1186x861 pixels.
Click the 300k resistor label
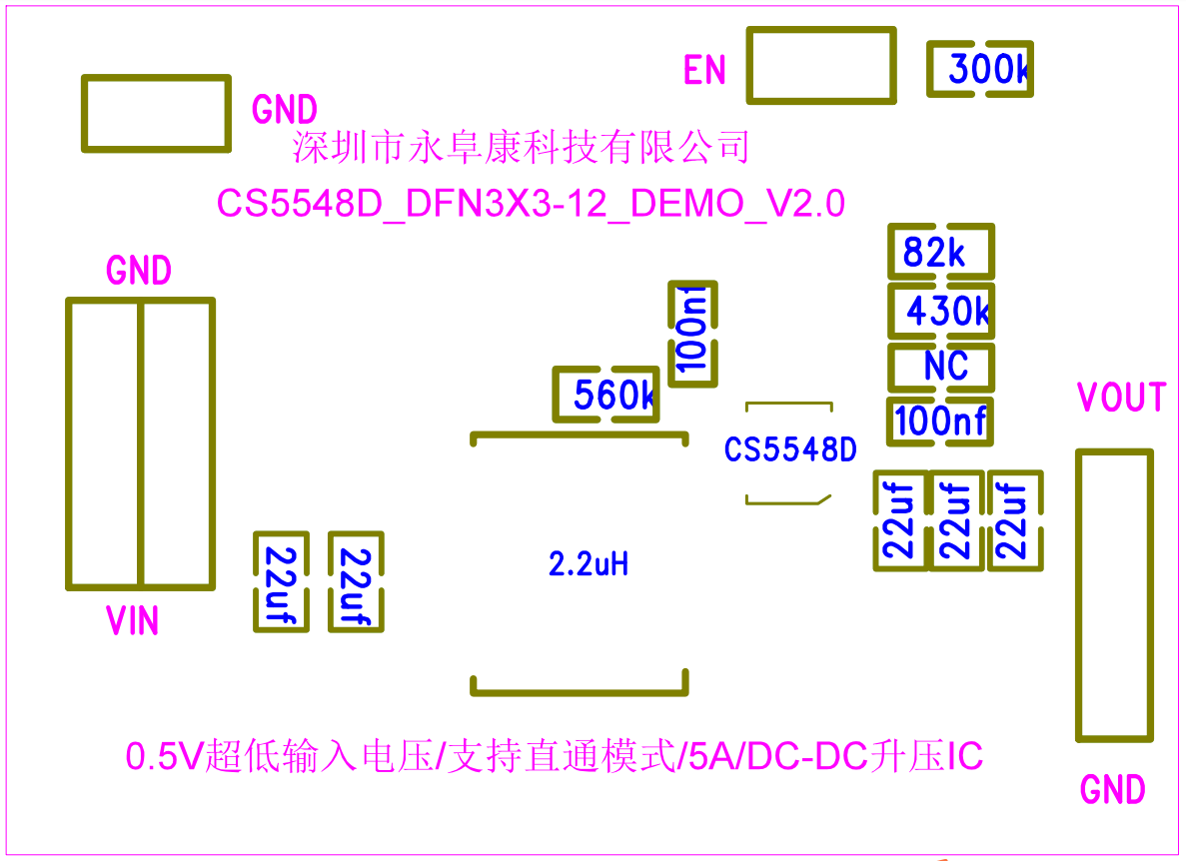click(988, 69)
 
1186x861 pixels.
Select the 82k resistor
click(941, 252)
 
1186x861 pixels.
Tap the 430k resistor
click(941, 311)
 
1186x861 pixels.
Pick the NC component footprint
click(941, 368)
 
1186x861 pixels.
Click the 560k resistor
click(605, 394)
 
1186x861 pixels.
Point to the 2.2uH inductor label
click(589, 564)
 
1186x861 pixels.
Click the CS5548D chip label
click(790, 449)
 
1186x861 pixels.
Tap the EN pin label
click(704, 70)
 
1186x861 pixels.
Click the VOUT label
click(1122, 398)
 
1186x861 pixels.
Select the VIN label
click(132, 620)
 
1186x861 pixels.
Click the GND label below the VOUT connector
click(1113, 790)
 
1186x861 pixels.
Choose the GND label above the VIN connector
click(139, 270)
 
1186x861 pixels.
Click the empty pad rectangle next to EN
click(821, 66)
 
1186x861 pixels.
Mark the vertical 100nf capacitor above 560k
click(692, 334)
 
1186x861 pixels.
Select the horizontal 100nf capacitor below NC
click(940, 422)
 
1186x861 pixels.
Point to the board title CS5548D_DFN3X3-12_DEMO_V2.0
click(531, 204)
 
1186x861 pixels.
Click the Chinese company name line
click(522, 147)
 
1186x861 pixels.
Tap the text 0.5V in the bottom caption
click(164, 757)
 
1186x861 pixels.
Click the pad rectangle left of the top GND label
click(157, 114)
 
